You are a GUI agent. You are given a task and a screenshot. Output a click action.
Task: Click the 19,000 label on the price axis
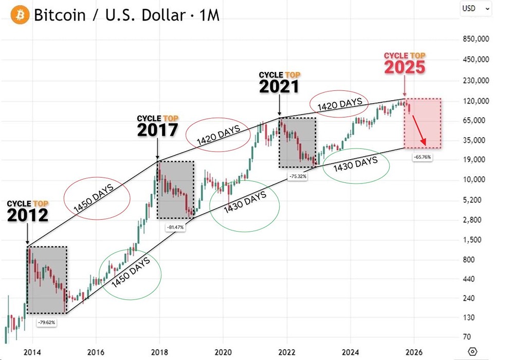(x=475, y=160)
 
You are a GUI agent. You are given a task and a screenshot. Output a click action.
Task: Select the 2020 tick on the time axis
(x=223, y=352)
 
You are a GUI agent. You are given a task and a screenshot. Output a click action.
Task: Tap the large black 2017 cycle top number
(x=157, y=130)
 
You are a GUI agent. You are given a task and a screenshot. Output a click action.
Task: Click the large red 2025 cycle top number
(x=405, y=67)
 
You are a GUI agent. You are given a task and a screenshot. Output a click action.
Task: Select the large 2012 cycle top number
(x=28, y=215)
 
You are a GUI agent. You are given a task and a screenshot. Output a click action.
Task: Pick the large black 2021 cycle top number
(x=279, y=87)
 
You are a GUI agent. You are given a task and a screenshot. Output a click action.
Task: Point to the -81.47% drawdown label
(x=175, y=226)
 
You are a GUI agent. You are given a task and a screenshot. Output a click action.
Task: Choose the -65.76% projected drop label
(x=422, y=157)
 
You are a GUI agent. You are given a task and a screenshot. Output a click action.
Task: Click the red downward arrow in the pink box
(x=420, y=132)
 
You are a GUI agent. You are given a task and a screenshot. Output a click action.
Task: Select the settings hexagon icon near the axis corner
(x=473, y=352)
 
